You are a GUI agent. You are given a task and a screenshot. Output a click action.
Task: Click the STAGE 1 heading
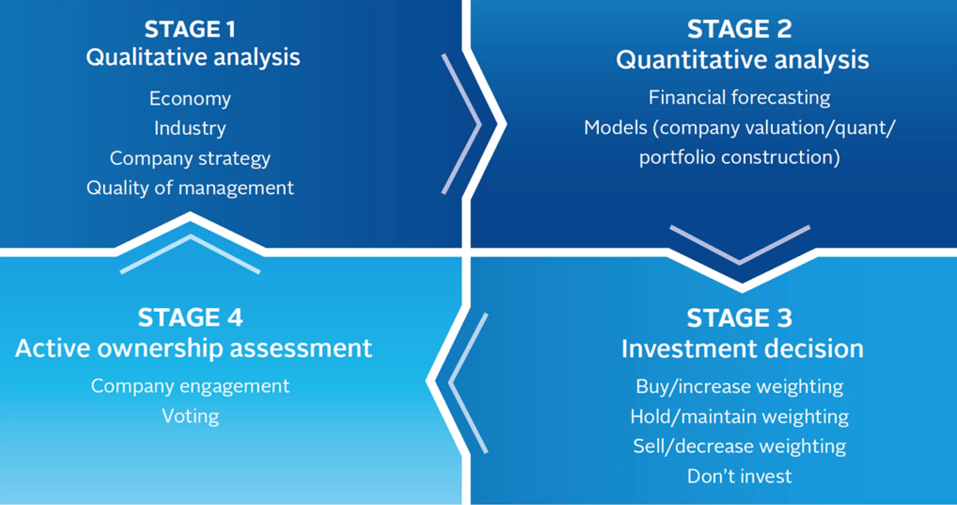[x=190, y=29]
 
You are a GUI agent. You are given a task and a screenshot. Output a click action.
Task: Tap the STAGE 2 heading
[x=739, y=29]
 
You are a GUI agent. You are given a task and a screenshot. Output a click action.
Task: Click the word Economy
[x=190, y=99]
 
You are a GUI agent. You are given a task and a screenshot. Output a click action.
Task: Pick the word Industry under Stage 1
[x=190, y=128]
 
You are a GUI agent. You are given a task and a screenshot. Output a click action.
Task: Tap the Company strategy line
[x=190, y=158]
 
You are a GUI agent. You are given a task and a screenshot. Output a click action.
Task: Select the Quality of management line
[x=190, y=188]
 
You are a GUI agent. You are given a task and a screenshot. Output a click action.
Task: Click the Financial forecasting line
[x=739, y=97]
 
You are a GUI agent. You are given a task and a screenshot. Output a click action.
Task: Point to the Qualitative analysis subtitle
[x=193, y=57]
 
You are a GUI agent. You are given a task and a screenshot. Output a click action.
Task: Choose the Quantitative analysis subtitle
[x=742, y=59]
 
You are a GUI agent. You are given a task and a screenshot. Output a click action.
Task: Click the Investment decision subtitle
[x=742, y=349]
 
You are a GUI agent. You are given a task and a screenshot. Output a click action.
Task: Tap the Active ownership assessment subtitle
[x=193, y=348]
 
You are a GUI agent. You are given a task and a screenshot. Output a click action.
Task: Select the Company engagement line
[x=190, y=386]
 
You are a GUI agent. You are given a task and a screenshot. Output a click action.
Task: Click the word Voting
[x=190, y=416]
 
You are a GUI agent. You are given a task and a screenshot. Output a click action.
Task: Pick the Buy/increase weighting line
[x=739, y=387]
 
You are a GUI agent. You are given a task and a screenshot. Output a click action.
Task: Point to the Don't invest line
[x=739, y=476]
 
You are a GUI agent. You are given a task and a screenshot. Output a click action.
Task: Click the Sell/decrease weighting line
[x=739, y=446]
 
